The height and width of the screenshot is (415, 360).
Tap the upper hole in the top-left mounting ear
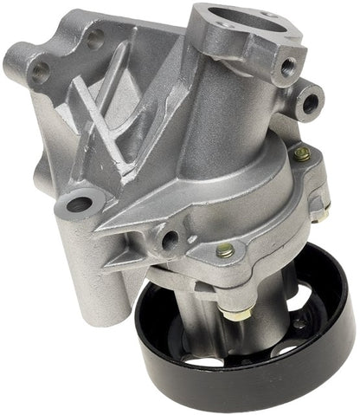(x=93, y=37)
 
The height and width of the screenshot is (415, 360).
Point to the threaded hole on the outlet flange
(x=287, y=66)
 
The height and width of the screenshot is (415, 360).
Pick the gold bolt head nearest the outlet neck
(x=300, y=153)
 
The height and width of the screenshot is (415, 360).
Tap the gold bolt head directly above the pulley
(x=224, y=251)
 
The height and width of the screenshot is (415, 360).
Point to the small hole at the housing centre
(x=170, y=238)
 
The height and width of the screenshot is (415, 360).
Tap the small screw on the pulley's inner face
(x=299, y=323)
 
